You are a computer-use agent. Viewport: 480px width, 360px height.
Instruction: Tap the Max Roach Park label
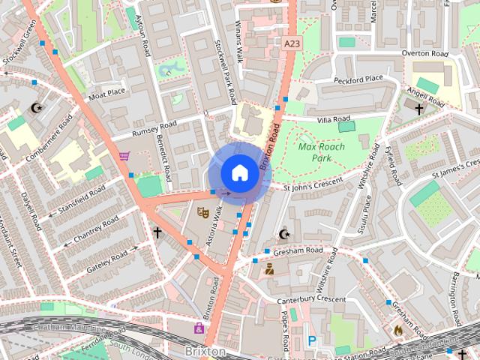(x=321, y=153)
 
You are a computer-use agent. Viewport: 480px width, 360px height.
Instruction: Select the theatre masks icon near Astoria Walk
(x=202, y=212)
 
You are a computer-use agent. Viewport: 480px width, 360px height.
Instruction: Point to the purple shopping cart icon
(x=124, y=156)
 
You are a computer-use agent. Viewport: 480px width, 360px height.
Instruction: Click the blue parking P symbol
(x=312, y=340)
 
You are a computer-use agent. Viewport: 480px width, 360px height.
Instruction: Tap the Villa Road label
(x=334, y=118)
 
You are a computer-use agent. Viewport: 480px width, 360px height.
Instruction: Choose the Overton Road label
(x=425, y=54)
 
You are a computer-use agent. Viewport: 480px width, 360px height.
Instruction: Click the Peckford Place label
(x=358, y=78)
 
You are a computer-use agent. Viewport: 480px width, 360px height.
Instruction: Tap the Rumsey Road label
(x=154, y=128)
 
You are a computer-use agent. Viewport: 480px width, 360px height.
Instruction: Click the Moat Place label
(x=107, y=93)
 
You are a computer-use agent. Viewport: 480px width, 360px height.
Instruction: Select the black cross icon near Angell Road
(x=418, y=109)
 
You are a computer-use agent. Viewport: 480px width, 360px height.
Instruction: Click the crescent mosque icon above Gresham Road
(x=283, y=235)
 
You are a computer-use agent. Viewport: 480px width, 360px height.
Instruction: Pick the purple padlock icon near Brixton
(x=199, y=328)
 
